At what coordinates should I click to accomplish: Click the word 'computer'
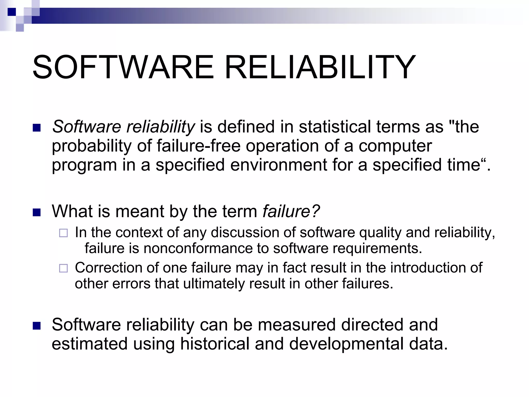(x=395, y=146)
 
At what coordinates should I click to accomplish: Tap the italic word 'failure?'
(x=291, y=211)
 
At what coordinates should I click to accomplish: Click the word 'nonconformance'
(x=198, y=248)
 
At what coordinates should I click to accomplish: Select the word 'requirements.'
(x=377, y=248)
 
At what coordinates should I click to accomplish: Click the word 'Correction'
(x=108, y=268)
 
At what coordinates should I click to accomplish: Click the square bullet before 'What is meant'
(x=37, y=212)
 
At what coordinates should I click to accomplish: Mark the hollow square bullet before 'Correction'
(x=63, y=269)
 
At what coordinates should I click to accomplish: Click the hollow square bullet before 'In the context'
(x=63, y=233)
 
